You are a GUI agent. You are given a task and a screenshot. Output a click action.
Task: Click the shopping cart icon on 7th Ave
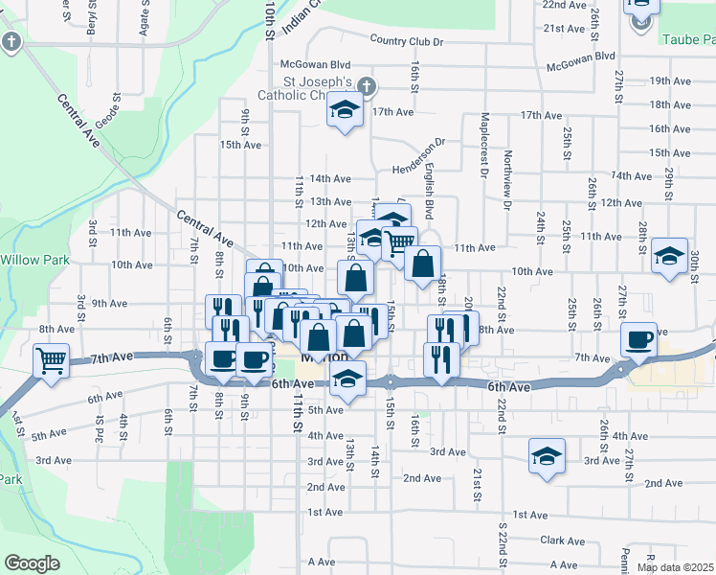(51, 360)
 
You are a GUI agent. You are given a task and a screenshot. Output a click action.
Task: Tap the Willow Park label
(31, 259)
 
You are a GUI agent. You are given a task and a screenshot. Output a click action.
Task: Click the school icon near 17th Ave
(344, 110)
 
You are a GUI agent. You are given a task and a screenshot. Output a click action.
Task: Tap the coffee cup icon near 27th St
(638, 338)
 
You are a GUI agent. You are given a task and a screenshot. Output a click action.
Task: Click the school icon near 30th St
(669, 255)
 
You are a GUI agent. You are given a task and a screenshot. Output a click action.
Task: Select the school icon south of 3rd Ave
(547, 455)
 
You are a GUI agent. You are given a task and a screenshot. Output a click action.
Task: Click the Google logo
(31, 563)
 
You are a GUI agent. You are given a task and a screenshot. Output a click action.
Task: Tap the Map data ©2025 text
(676, 567)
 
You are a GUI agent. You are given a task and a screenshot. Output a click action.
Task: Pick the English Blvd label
(428, 183)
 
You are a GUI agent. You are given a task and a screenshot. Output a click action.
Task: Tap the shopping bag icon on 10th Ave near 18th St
(421, 263)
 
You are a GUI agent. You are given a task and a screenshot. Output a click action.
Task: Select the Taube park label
(687, 39)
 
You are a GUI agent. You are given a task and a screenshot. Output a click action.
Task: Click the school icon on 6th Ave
(348, 378)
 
